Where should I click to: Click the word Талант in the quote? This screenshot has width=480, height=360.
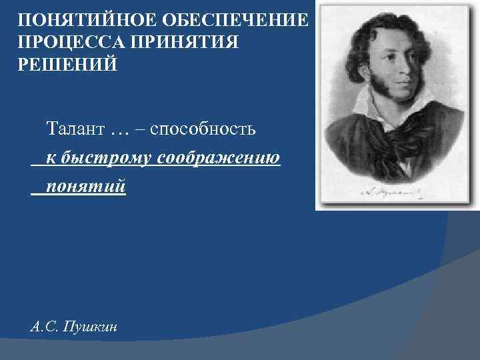pyautogui.click(x=75, y=128)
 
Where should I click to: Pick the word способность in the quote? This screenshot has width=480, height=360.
pyautogui.click(x=203, y=128)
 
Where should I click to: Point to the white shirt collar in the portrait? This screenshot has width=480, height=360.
pyautogui.click(x=365, y=107)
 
